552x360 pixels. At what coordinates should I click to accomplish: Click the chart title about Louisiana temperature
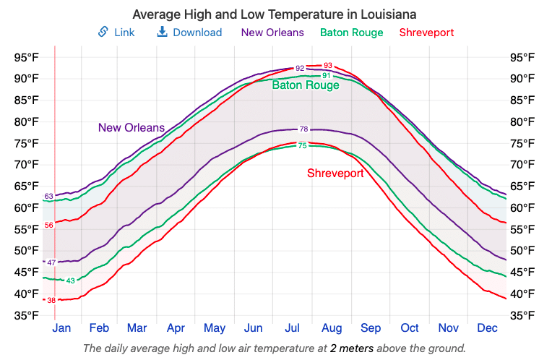[x=275, y=14]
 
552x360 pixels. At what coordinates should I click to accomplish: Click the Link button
[x=116, y=33]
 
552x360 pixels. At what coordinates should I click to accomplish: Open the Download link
[x=190, y=33]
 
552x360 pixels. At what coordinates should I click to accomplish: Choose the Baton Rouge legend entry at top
[x=351, y=33]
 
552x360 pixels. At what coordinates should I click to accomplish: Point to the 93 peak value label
[x=328, y=66]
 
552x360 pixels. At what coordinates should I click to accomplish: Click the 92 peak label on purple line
[x=300, y=68]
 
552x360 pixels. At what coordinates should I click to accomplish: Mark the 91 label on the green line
[x=326, y=75]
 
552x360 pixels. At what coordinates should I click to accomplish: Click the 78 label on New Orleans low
[x=303, y=129]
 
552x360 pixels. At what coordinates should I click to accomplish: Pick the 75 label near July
[x=303, y=146]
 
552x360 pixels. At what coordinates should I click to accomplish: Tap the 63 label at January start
[x=49, y=196]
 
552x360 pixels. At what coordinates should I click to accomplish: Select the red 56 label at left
[x=49, y=225]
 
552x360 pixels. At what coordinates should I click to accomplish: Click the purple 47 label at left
[x=51, y=262]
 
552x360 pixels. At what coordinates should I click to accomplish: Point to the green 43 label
[x=70, y=280]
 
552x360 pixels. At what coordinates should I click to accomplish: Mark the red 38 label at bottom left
[x=51, y=299]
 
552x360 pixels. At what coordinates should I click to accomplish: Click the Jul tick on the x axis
[x=292, y=328]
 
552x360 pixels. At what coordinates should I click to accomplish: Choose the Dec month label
[x=488, y=328]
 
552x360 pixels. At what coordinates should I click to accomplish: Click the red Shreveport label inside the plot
[x=335, y=173]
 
